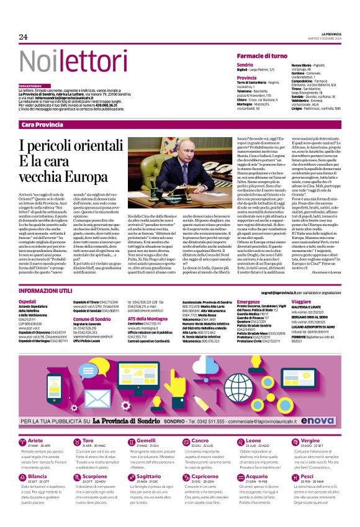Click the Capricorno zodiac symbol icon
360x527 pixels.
[x=185, y=478]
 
